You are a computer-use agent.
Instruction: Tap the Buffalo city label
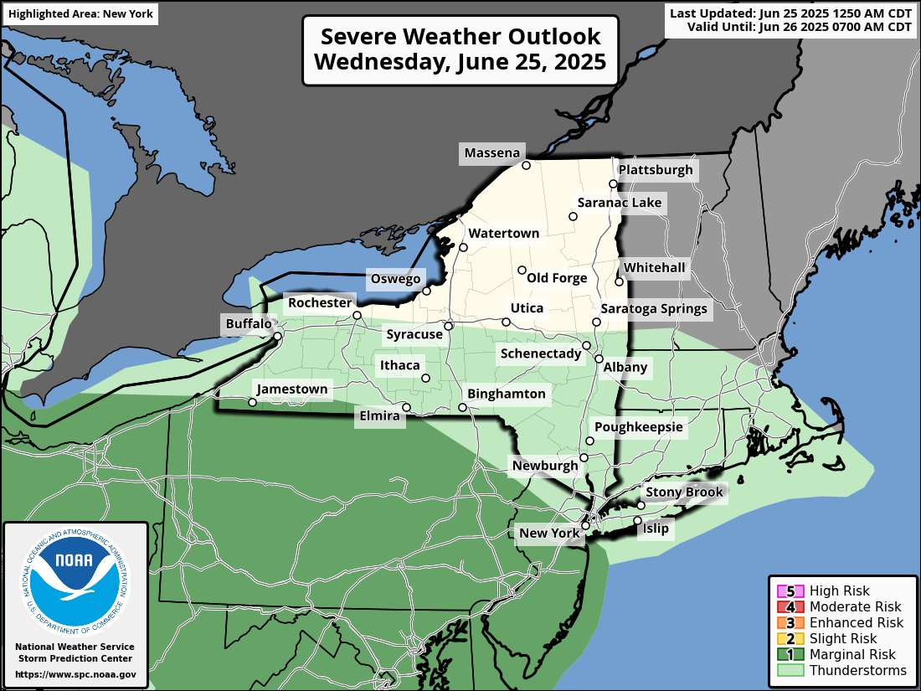point(249,324)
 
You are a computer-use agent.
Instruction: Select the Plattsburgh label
point(656,170)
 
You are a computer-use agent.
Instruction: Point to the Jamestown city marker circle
point(252,402)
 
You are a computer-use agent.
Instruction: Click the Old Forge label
point(557,278)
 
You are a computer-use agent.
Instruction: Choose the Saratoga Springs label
point(654,309)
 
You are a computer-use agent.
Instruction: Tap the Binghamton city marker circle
point(462,408)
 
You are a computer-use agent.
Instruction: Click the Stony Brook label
point(684,492)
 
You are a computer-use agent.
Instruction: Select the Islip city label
point(656,529)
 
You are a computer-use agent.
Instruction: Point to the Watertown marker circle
point(463,247)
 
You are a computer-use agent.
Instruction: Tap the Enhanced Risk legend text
point(857,622)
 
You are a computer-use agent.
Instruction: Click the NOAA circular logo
point(75,579)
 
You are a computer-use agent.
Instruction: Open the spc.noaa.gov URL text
point(75,673)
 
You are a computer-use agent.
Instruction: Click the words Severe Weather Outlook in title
point(460,38)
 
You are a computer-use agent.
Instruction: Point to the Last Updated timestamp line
point(790,13)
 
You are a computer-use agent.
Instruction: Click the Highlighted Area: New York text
point(79,14)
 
